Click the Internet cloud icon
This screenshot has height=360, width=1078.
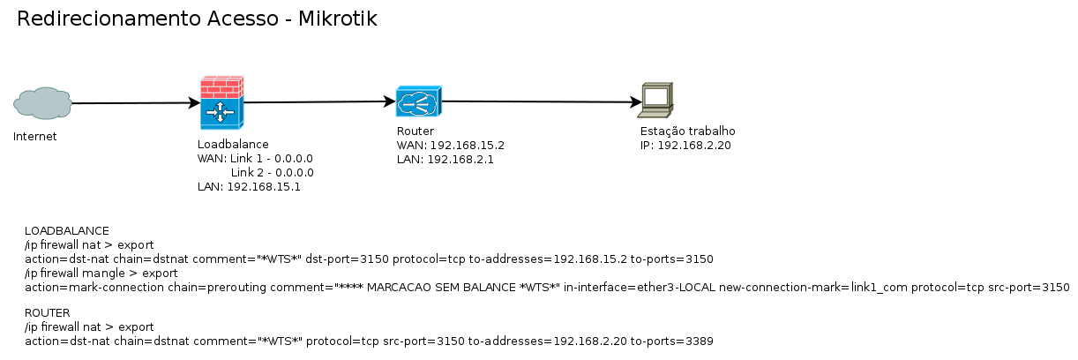pos(42,103)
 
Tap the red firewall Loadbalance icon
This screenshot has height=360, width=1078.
pos(221,102)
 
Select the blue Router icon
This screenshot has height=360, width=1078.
pos(418,102)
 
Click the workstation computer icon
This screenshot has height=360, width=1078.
pos(656,101)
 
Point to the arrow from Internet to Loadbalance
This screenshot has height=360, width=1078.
pos(132,103)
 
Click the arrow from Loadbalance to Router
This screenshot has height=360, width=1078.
pos(318,102)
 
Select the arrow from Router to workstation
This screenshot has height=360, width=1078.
pos(538,102)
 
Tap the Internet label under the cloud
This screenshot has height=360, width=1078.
pos(35,137)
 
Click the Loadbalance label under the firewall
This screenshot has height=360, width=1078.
pos(233,144)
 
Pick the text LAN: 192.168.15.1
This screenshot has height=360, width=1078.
pos(249,187)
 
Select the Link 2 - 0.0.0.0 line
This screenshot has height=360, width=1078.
pos(272,173)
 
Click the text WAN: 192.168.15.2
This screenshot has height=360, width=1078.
pos(450,146)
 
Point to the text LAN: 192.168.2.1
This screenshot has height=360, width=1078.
pos(445,160)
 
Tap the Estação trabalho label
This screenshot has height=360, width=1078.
pos(687,131)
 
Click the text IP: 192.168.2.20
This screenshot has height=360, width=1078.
pos(685,145)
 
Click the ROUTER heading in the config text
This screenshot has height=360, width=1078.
pos(47,312)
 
